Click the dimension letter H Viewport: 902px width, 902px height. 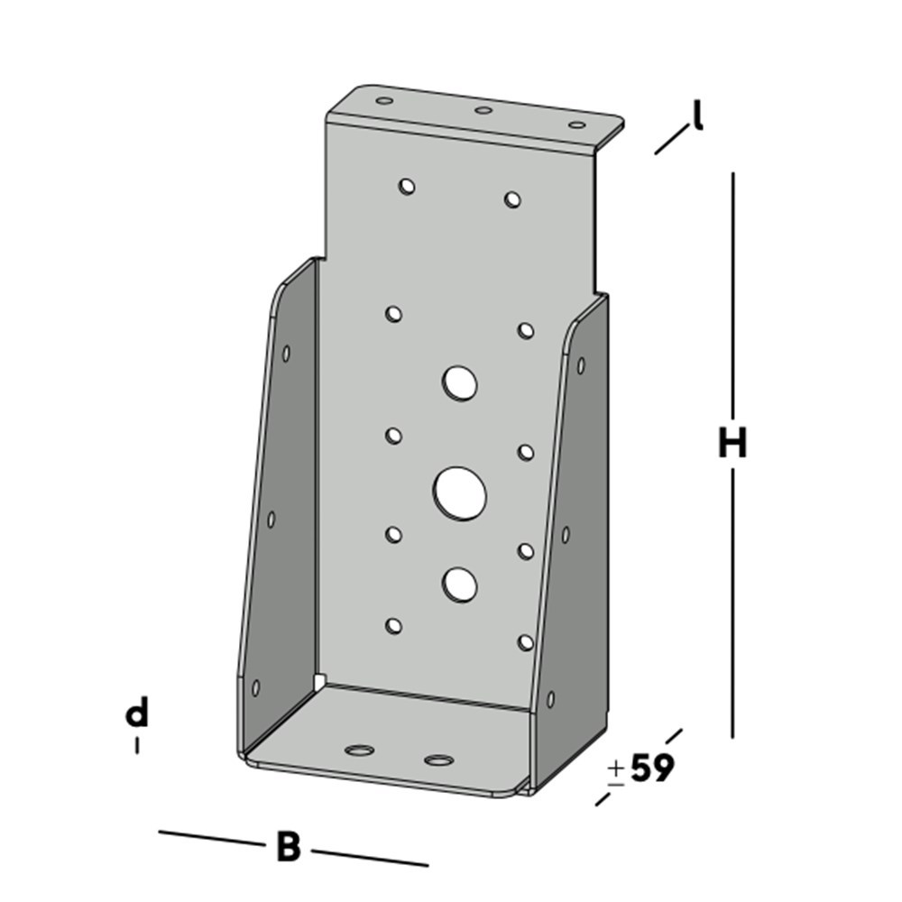[732, 444]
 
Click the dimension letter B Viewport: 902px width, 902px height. [288, 848]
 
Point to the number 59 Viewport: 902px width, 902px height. [652, 769]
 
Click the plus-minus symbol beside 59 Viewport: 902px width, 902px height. [616, 772]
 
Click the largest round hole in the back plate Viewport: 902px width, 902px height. [460, 493]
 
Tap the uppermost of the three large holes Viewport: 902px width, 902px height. [460, 383]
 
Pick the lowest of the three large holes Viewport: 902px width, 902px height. [460, 584]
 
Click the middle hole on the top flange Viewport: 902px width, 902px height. [483, 111]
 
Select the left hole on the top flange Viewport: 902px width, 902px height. [385, 100]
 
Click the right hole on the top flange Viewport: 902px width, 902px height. [576, 124]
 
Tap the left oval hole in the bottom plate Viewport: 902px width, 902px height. [360, 750]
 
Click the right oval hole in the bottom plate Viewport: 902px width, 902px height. [438, 760]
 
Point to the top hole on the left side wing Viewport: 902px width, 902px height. [286, 354]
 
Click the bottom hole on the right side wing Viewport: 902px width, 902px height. [550, 698]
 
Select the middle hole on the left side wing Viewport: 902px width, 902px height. [271, 519]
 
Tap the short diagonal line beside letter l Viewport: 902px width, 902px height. [668, 142]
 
